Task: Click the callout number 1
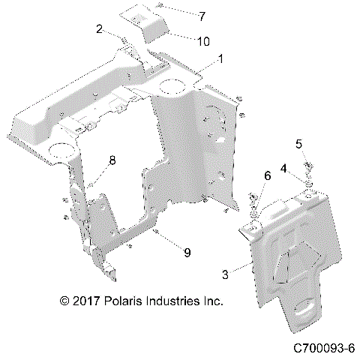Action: point(221,58)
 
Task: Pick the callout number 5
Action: point(299,143)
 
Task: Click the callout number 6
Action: point(245,175)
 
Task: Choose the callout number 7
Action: point(180,15)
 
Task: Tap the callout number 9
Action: point(178,253)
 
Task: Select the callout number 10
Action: point(183,41)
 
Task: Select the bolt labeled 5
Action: point(307,166)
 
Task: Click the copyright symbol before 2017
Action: point(65,301)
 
